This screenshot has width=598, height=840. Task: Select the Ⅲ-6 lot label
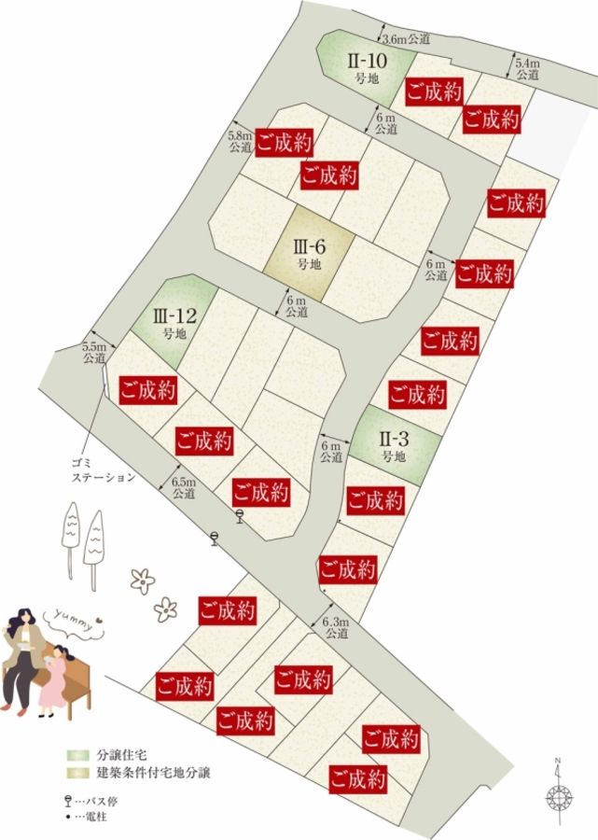pos(308,254)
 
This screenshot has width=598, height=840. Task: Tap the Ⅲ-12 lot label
pos(174,320)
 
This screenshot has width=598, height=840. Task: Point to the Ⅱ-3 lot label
pos(393,445)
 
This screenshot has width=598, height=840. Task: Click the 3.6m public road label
pos(408,39)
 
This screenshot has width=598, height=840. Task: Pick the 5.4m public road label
pos(527,67)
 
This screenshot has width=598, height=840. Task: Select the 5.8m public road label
pos(240,141)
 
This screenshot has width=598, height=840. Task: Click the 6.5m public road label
pos(184,488)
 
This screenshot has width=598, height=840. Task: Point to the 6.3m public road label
pos(335,627)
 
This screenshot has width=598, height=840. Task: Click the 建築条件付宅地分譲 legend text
pos(153,772)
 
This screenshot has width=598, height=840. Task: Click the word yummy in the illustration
pos(73,620)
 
